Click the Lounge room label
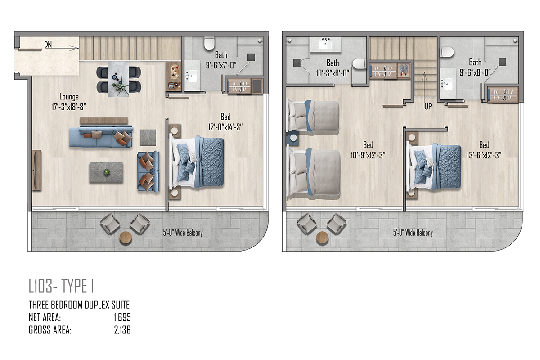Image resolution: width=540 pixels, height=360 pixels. pyautogui.click(x=69, y=97)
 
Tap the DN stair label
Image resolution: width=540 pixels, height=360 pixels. pyautogui.click(x=48, y=45)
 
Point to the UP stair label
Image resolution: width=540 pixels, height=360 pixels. pyautogui.click(x=428, y=106)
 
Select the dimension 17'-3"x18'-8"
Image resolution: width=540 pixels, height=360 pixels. pyautogui.click(x=69, y=107)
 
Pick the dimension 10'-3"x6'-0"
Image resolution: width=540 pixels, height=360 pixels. pyautogui.click(x=333, y=73)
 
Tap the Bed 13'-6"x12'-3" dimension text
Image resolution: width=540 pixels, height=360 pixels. pyautogui.click(x=484, y=155)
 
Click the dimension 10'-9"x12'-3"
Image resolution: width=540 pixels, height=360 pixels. pyautogui.click(x=368, y=155)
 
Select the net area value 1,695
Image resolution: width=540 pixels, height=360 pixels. pyautogui.click(x=122, y=318)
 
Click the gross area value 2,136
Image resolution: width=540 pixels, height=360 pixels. pyautogui.click(x=122, y=330)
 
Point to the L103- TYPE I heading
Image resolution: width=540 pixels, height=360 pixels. pyautogui.click(x=61, y=286)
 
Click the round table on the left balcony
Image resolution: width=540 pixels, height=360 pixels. pyautogui.click(x=126, y=238)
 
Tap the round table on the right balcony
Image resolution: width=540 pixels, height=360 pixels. pyautogui.click(x=323, y=237)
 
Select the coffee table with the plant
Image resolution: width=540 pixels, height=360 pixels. pyautogui.click(x=106, y=172)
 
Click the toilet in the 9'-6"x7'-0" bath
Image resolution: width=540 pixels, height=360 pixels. pyautogui.click(x=209, y=44)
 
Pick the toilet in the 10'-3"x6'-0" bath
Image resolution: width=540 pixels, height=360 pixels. pyautogui.click(x=359, y=64)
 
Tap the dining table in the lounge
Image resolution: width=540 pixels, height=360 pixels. pyautogui.click(x=118, y=79)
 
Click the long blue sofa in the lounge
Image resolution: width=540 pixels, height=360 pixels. pyautogui.click(x=101, y=137)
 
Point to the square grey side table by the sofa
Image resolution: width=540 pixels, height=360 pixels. pyautogui.click(x=148, y=138)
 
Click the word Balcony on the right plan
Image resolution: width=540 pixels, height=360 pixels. pyautogui.click(x=423, y=233)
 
